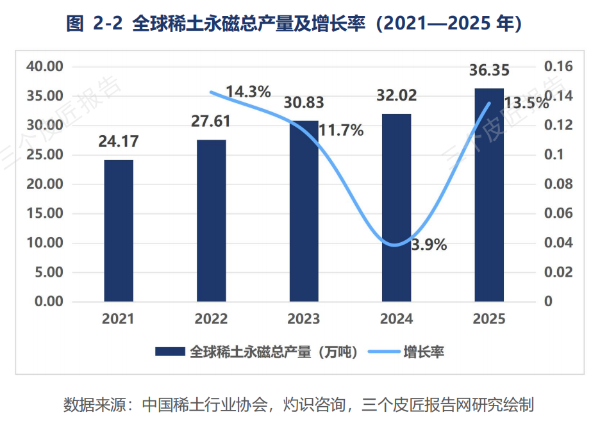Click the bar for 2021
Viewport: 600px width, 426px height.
(119, 231)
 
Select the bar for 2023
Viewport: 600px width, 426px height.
(304, 211)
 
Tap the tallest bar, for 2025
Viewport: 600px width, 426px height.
(489, 195)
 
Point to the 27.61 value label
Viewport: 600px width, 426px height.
(211, 121)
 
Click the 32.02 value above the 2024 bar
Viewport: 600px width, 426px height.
(396, 95)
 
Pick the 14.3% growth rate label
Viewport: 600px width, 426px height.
(248, 92)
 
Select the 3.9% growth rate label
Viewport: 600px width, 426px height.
(429, 245)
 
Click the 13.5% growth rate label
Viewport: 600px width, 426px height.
(526, 103)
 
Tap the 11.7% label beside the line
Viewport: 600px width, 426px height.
(341, 131)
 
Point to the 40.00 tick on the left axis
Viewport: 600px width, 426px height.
(45, 67)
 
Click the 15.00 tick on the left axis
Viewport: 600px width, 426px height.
(45, 213)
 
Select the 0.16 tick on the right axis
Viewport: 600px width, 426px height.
(558, 67)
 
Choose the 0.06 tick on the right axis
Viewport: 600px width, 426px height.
(558, 213)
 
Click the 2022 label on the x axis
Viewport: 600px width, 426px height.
(211, 319)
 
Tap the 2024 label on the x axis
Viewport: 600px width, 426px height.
(396, 319)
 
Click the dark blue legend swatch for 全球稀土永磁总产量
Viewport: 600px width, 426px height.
(170, 352)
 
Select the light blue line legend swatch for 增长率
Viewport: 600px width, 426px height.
(384, 352)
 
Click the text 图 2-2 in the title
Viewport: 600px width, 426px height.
(94, 23)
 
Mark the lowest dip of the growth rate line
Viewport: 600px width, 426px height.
(395, 245)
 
